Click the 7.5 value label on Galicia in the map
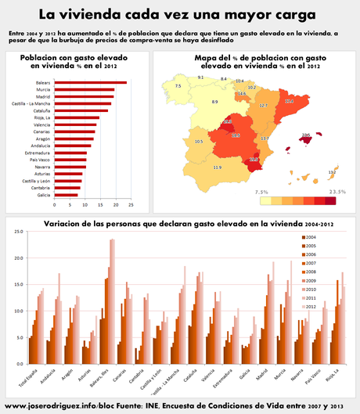[178, 85]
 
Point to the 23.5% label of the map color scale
[337, 191]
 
